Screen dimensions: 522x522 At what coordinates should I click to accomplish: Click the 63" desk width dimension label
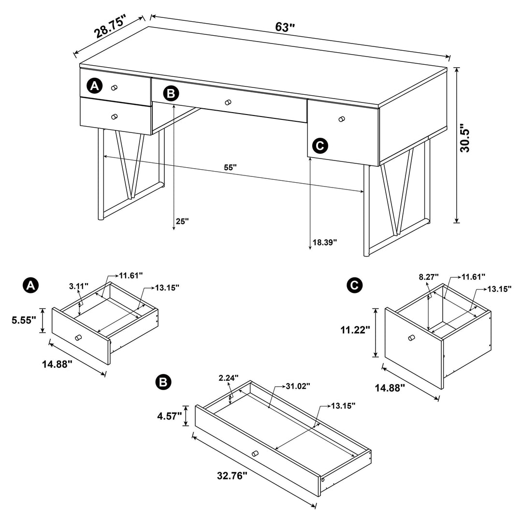click(285, 27)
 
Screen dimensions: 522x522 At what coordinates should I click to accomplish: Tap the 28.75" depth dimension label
click(110, 26)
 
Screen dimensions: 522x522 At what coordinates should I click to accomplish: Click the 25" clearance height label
click(182, 221)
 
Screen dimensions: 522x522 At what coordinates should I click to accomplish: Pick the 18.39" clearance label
click(324, 242)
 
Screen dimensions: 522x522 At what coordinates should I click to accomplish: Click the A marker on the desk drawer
click(94, 86)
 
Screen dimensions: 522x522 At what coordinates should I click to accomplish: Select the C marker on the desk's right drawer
click(320, 145)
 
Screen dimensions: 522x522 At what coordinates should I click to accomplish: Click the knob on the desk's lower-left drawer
click(114, 116)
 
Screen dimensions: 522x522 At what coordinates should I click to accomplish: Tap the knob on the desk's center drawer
click(228, 102)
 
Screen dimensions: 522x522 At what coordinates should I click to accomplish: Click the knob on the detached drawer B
click(255, 453)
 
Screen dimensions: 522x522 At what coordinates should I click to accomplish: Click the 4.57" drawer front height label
click(169, 416)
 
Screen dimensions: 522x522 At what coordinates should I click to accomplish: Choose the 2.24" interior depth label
click(229, 378)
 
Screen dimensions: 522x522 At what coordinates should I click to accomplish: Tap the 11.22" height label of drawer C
click(355, 330)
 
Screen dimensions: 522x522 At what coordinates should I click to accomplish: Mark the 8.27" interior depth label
click(429, 276)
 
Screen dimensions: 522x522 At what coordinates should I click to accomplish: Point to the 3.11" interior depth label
click(78, 286)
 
